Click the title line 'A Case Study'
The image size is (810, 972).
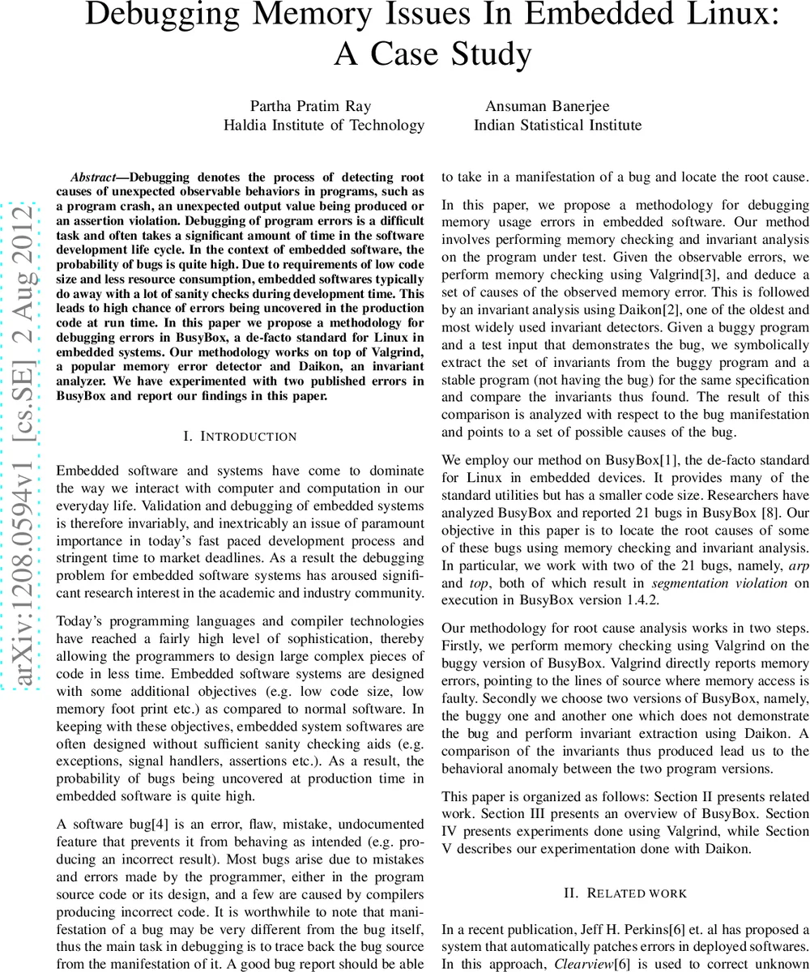tap(433, 54)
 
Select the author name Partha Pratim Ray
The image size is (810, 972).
tap(300, 106)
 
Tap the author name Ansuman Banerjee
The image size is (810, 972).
tap(547, 106)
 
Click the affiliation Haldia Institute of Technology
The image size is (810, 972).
tap(324, 125)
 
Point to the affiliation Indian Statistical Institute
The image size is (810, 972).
tap(557, 125)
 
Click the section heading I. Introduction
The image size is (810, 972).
tap(240, 437)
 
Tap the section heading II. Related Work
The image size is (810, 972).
tap(625, 893)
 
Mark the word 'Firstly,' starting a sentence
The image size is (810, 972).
tap(466, 646)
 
